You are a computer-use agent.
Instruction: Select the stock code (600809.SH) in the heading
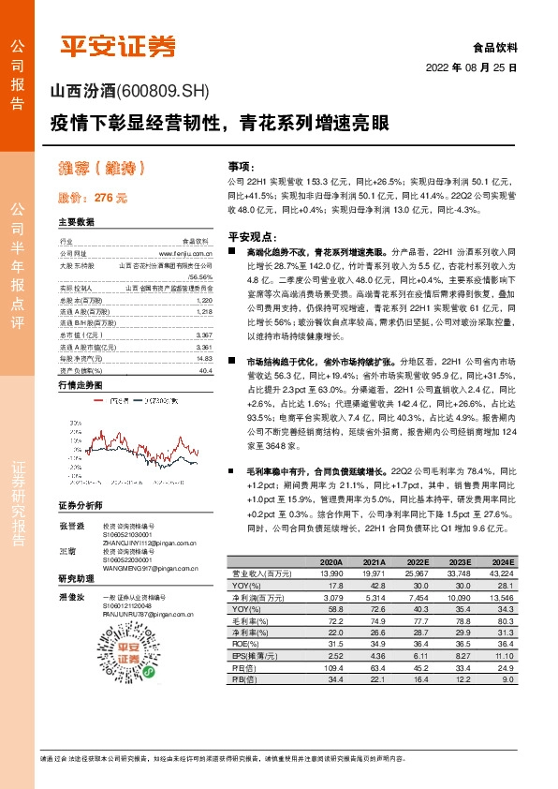pyautogui.click(x=160, y=91)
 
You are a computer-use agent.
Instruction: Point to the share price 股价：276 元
pyautogui.click(x=92, y=199)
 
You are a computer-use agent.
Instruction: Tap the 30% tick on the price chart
pyautogui.click(x=65, y=397)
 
